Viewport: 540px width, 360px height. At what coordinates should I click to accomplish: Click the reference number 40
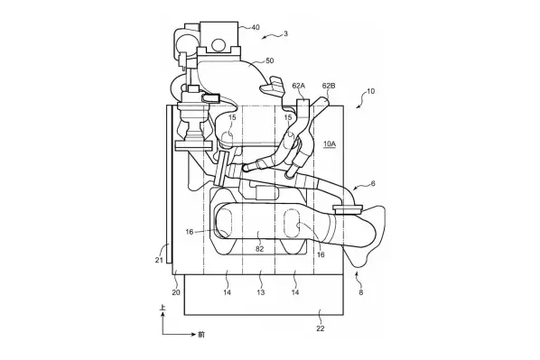click(256, 27)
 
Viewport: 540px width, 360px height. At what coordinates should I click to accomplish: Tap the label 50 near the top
click(270, 61)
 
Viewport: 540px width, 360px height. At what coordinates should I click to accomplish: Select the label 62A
click(299, 86)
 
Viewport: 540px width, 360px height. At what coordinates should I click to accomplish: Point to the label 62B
click(328, 86)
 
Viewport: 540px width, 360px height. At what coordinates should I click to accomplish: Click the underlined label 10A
click(330, 143)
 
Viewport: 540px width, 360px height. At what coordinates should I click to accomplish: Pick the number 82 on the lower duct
click(259, 248)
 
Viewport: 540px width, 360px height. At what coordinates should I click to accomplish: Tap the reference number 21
click(159, 260)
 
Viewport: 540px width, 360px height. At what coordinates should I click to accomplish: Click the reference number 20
click(176, 292)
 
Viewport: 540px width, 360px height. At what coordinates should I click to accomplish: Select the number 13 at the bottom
click(261, 292)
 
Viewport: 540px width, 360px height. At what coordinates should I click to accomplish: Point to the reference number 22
click(321, 328)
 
